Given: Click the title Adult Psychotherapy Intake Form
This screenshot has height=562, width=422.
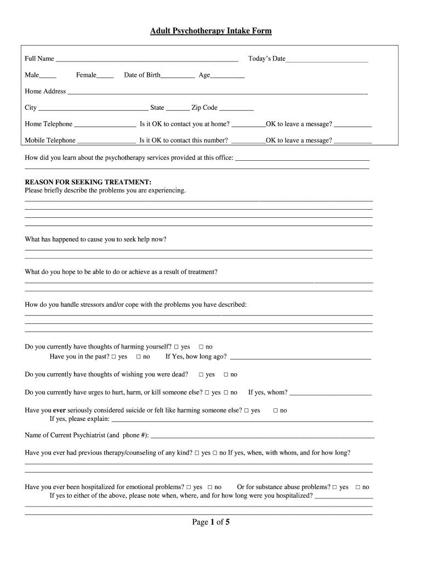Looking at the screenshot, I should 211,31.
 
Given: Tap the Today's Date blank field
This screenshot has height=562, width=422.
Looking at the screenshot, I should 327,59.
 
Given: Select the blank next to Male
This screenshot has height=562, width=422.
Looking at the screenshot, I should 48,76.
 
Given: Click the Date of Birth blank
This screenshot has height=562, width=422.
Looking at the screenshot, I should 178,76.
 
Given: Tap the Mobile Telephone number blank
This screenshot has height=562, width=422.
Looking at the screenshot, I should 106,141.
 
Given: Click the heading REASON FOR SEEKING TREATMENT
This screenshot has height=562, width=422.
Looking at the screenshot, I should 88,182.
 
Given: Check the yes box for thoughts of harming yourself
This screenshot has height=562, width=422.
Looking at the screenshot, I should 176,347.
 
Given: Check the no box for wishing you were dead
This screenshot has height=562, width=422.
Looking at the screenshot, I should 226,375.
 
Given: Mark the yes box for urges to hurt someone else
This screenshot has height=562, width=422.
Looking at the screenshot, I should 207,393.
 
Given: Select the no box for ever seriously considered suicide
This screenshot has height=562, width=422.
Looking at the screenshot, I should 276,411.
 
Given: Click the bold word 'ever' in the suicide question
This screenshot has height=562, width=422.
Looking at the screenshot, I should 60,410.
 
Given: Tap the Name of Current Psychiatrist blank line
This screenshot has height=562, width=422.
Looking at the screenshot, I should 262,436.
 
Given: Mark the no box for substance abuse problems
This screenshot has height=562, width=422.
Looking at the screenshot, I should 358,487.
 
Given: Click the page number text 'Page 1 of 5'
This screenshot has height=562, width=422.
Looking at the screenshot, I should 211,522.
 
